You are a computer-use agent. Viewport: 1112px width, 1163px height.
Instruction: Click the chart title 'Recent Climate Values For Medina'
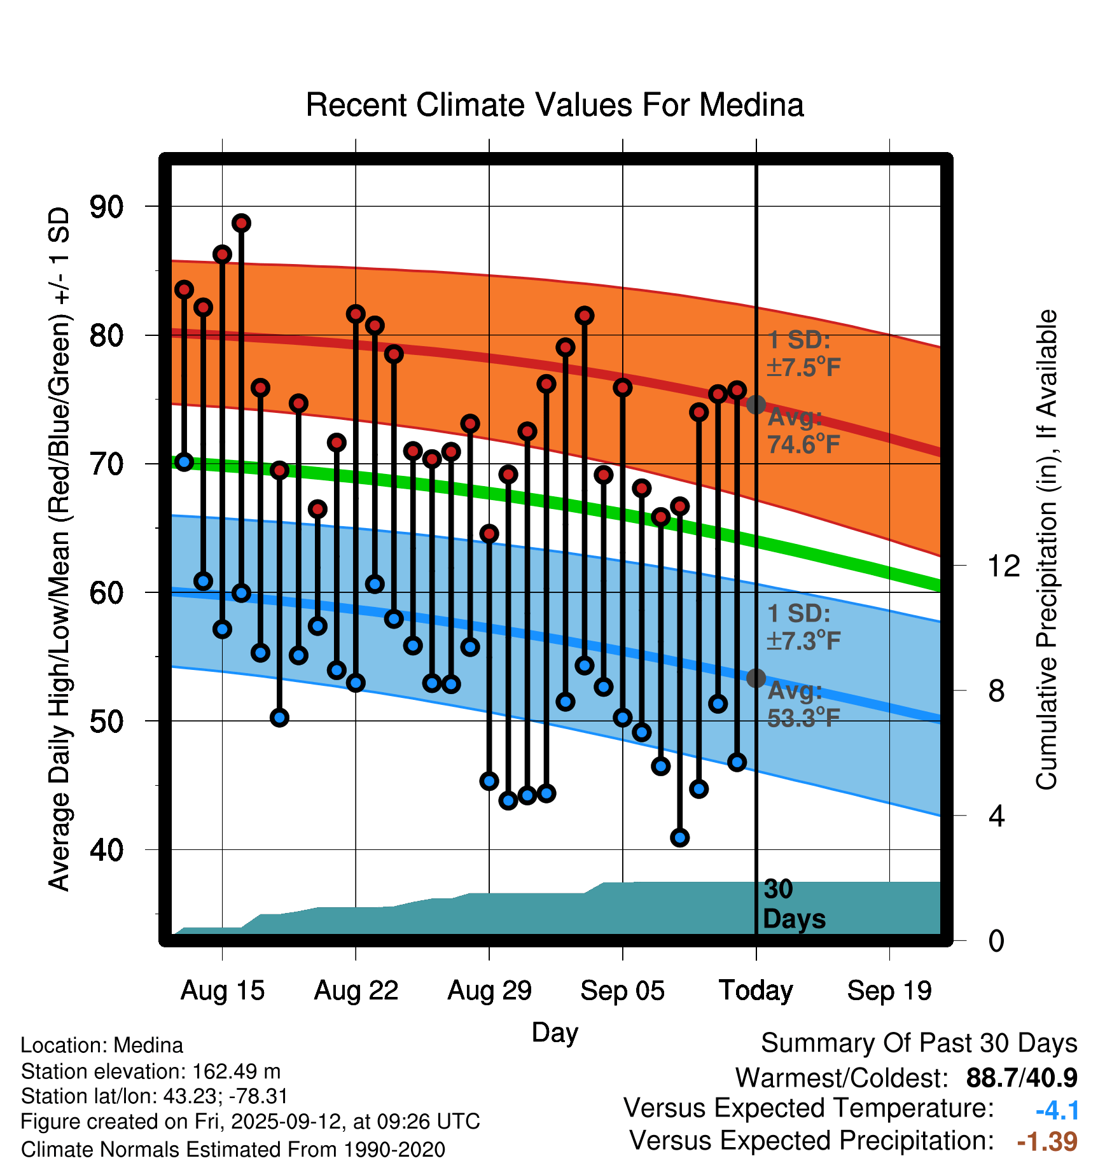(x=555, y=105)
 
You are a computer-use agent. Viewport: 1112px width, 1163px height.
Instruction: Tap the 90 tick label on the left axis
(x=107, y=207)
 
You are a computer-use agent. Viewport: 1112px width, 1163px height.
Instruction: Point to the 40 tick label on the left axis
(x=107, y=850)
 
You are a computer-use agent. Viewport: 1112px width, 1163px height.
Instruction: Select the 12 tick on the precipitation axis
(x=1003, y=566)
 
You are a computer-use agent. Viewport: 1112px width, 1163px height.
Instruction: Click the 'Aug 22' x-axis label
(x=356, y=991)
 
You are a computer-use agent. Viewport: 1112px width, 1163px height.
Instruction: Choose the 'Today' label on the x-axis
(x=756, y=991)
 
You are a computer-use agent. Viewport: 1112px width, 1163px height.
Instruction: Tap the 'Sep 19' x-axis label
(x=889, y=991)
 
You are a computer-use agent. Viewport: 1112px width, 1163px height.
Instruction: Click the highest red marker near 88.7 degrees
(x=241, y=223)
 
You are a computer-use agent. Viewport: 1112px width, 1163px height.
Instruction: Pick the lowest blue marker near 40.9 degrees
(x=680, y=837)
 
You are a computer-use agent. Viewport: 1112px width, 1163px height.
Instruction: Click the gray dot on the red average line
(x=756, y=405)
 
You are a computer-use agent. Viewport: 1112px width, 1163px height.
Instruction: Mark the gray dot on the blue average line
(x=756, y=678)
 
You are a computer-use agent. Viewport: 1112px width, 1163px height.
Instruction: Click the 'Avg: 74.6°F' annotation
(x=803, y=431)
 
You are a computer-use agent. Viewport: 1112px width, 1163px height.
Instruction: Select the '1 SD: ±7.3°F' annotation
(x=803, y=627)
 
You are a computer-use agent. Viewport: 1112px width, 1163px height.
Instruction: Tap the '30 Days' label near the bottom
(x=793, y=904)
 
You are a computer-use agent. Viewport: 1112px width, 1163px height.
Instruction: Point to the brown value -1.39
(x=1047, y=1141)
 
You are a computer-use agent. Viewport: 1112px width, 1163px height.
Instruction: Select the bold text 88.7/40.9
(x=1022, y=1078)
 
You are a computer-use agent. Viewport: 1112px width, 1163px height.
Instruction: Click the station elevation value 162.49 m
(x=236, y=1071)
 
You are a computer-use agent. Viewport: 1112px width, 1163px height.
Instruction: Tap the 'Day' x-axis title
(x=555, y=1032)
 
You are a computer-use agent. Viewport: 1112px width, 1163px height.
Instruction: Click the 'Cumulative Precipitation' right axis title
(x=1046, y=550)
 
